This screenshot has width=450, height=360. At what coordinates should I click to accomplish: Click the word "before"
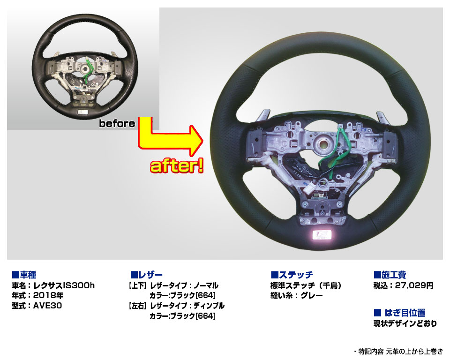117,123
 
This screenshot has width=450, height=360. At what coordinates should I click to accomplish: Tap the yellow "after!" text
177,166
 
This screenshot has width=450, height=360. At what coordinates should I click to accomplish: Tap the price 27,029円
414,285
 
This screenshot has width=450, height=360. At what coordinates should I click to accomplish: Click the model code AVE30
48,306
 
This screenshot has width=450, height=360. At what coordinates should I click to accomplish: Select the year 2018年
48,295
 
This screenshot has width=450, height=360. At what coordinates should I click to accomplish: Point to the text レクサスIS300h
64,285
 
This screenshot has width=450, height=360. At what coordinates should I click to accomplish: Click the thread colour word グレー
312,295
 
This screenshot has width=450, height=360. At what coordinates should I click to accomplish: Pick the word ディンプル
209,306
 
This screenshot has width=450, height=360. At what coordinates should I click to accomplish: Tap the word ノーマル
206,285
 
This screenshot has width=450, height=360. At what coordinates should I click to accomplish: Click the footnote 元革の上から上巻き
414,351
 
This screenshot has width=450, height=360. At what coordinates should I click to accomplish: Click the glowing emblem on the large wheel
322,235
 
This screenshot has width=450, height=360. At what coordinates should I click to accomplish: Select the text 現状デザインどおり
405,323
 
